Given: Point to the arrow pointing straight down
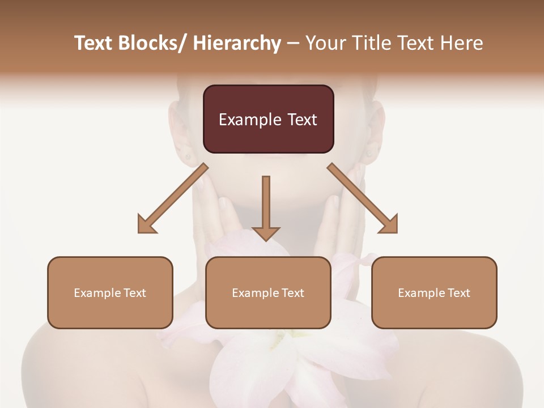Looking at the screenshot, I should (266, 207).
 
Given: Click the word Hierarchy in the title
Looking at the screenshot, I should (237, 43).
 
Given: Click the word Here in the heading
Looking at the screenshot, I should (463, 43).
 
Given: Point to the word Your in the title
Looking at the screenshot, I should (324, 43).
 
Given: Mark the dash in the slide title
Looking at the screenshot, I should (293, 43).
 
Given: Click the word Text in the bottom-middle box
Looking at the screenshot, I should (291, 293).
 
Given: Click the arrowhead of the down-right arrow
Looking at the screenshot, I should (388, 224).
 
